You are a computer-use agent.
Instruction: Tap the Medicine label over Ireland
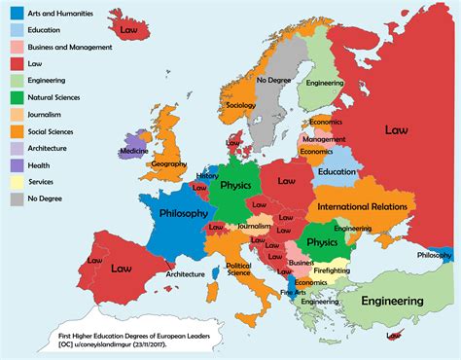(x=134, y=151)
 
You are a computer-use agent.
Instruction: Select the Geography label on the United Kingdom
(x=168, y=164)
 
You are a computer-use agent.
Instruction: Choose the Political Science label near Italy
(x=239, y=268)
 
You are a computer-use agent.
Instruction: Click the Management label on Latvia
(x=324, y=139)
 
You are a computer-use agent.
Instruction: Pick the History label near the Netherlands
(x=207, y=176)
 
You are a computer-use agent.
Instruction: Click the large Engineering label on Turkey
(x=400, y=302)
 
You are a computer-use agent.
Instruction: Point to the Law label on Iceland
(x=127, y=30)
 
